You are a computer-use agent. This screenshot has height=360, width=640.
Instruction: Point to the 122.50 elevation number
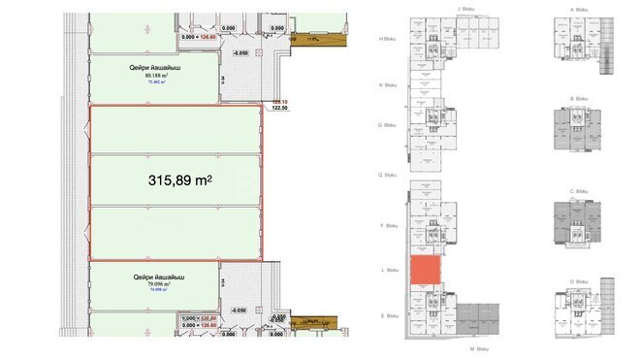coord(280,108)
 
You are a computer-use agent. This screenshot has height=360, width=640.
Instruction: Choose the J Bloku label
coord(464,9)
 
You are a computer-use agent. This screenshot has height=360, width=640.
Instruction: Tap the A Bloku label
coord(580,9)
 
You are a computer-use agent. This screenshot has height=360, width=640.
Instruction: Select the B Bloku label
coord(580,98)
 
